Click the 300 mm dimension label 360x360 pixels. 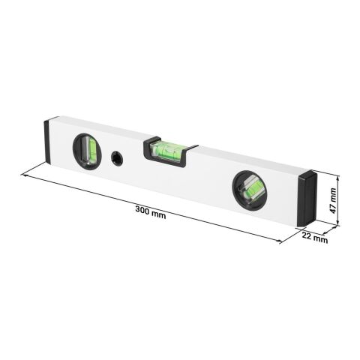[151, 212]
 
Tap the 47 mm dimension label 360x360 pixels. [332, 201]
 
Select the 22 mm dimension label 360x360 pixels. [314, 237]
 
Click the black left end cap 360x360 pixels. [48, 142]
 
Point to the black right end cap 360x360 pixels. [307, 198]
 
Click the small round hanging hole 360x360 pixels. [117, 158]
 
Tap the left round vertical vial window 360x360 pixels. [87, 151]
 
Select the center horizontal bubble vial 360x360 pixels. [165, 151]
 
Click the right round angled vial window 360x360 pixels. [250, 190]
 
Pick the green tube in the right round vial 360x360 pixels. [251, 191]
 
